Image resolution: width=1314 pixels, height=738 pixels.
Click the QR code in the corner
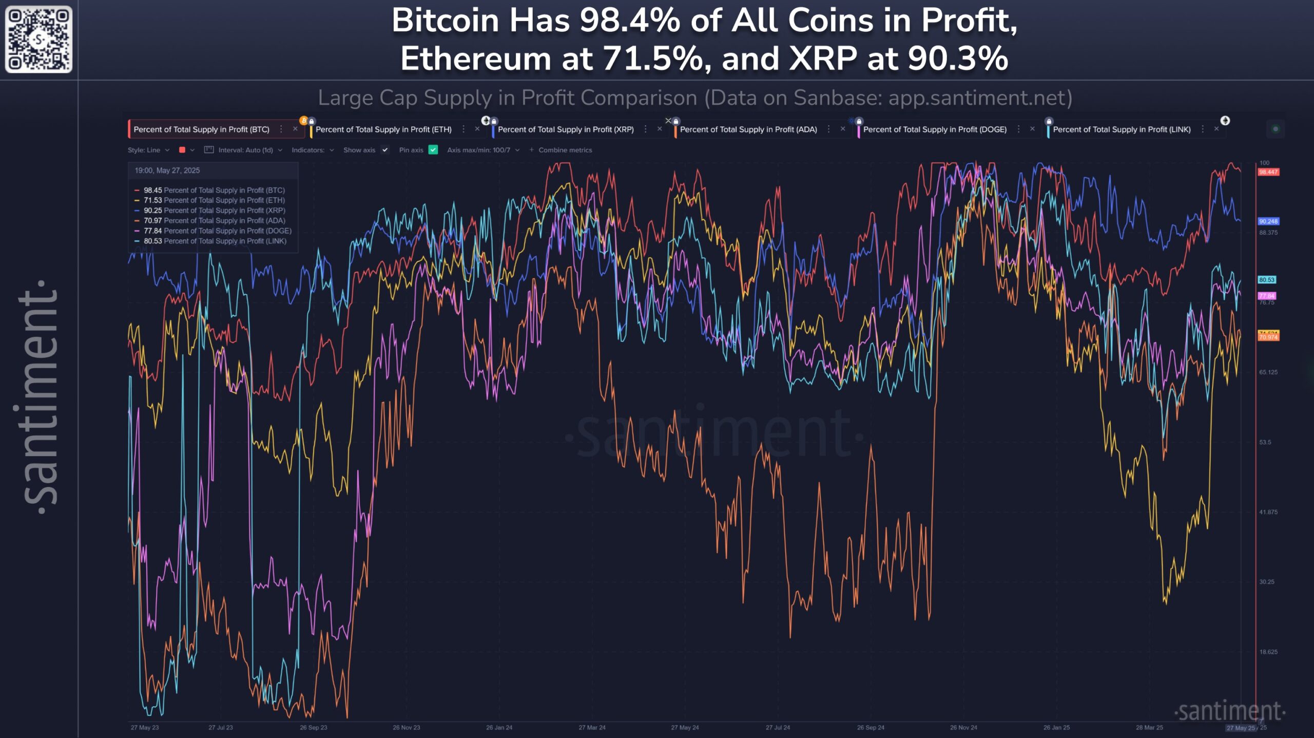[38, 39]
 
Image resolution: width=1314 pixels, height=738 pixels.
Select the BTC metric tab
[201, 129]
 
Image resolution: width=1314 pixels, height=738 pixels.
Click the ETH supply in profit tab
[383, 129]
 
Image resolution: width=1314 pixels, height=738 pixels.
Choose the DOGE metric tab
[934, 129]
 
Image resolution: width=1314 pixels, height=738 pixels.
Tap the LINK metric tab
[1122, 129]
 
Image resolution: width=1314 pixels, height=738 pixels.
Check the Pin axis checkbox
[433, 150]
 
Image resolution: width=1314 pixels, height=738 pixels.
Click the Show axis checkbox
[385, 150]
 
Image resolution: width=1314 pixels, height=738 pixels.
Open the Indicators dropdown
[313, 150]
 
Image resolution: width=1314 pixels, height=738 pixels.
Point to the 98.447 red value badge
[1268, 172]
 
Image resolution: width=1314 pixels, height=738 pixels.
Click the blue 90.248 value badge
[1268, 221]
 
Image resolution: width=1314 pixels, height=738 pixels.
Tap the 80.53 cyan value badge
[1266, 280]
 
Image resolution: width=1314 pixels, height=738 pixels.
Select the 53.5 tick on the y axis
[1265, 442]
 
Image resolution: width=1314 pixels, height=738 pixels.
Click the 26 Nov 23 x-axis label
[406, 727]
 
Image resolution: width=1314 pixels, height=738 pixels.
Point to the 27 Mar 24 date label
[592, 727]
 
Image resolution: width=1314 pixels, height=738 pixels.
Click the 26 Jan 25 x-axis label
[1056, 727]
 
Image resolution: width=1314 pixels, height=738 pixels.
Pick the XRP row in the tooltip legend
[214, 211]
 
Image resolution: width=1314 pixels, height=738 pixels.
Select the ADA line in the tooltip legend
[214, 221]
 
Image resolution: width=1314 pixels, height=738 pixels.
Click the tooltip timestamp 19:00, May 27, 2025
[167, 171]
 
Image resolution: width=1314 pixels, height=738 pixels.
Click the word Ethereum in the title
[475, 59]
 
